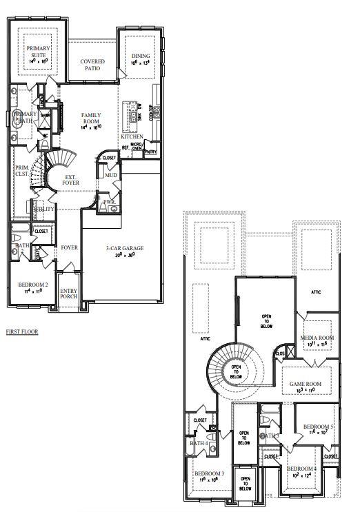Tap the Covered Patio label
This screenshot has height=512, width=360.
point(92,65)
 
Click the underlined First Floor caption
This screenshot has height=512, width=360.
point(22,331)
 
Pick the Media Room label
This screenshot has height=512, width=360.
point(317,338)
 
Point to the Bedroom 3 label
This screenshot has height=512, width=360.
point(208,474)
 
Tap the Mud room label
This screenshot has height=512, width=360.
point(111,176)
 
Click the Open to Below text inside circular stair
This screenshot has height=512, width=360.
point(236,371)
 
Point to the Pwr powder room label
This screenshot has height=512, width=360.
point(108,203)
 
